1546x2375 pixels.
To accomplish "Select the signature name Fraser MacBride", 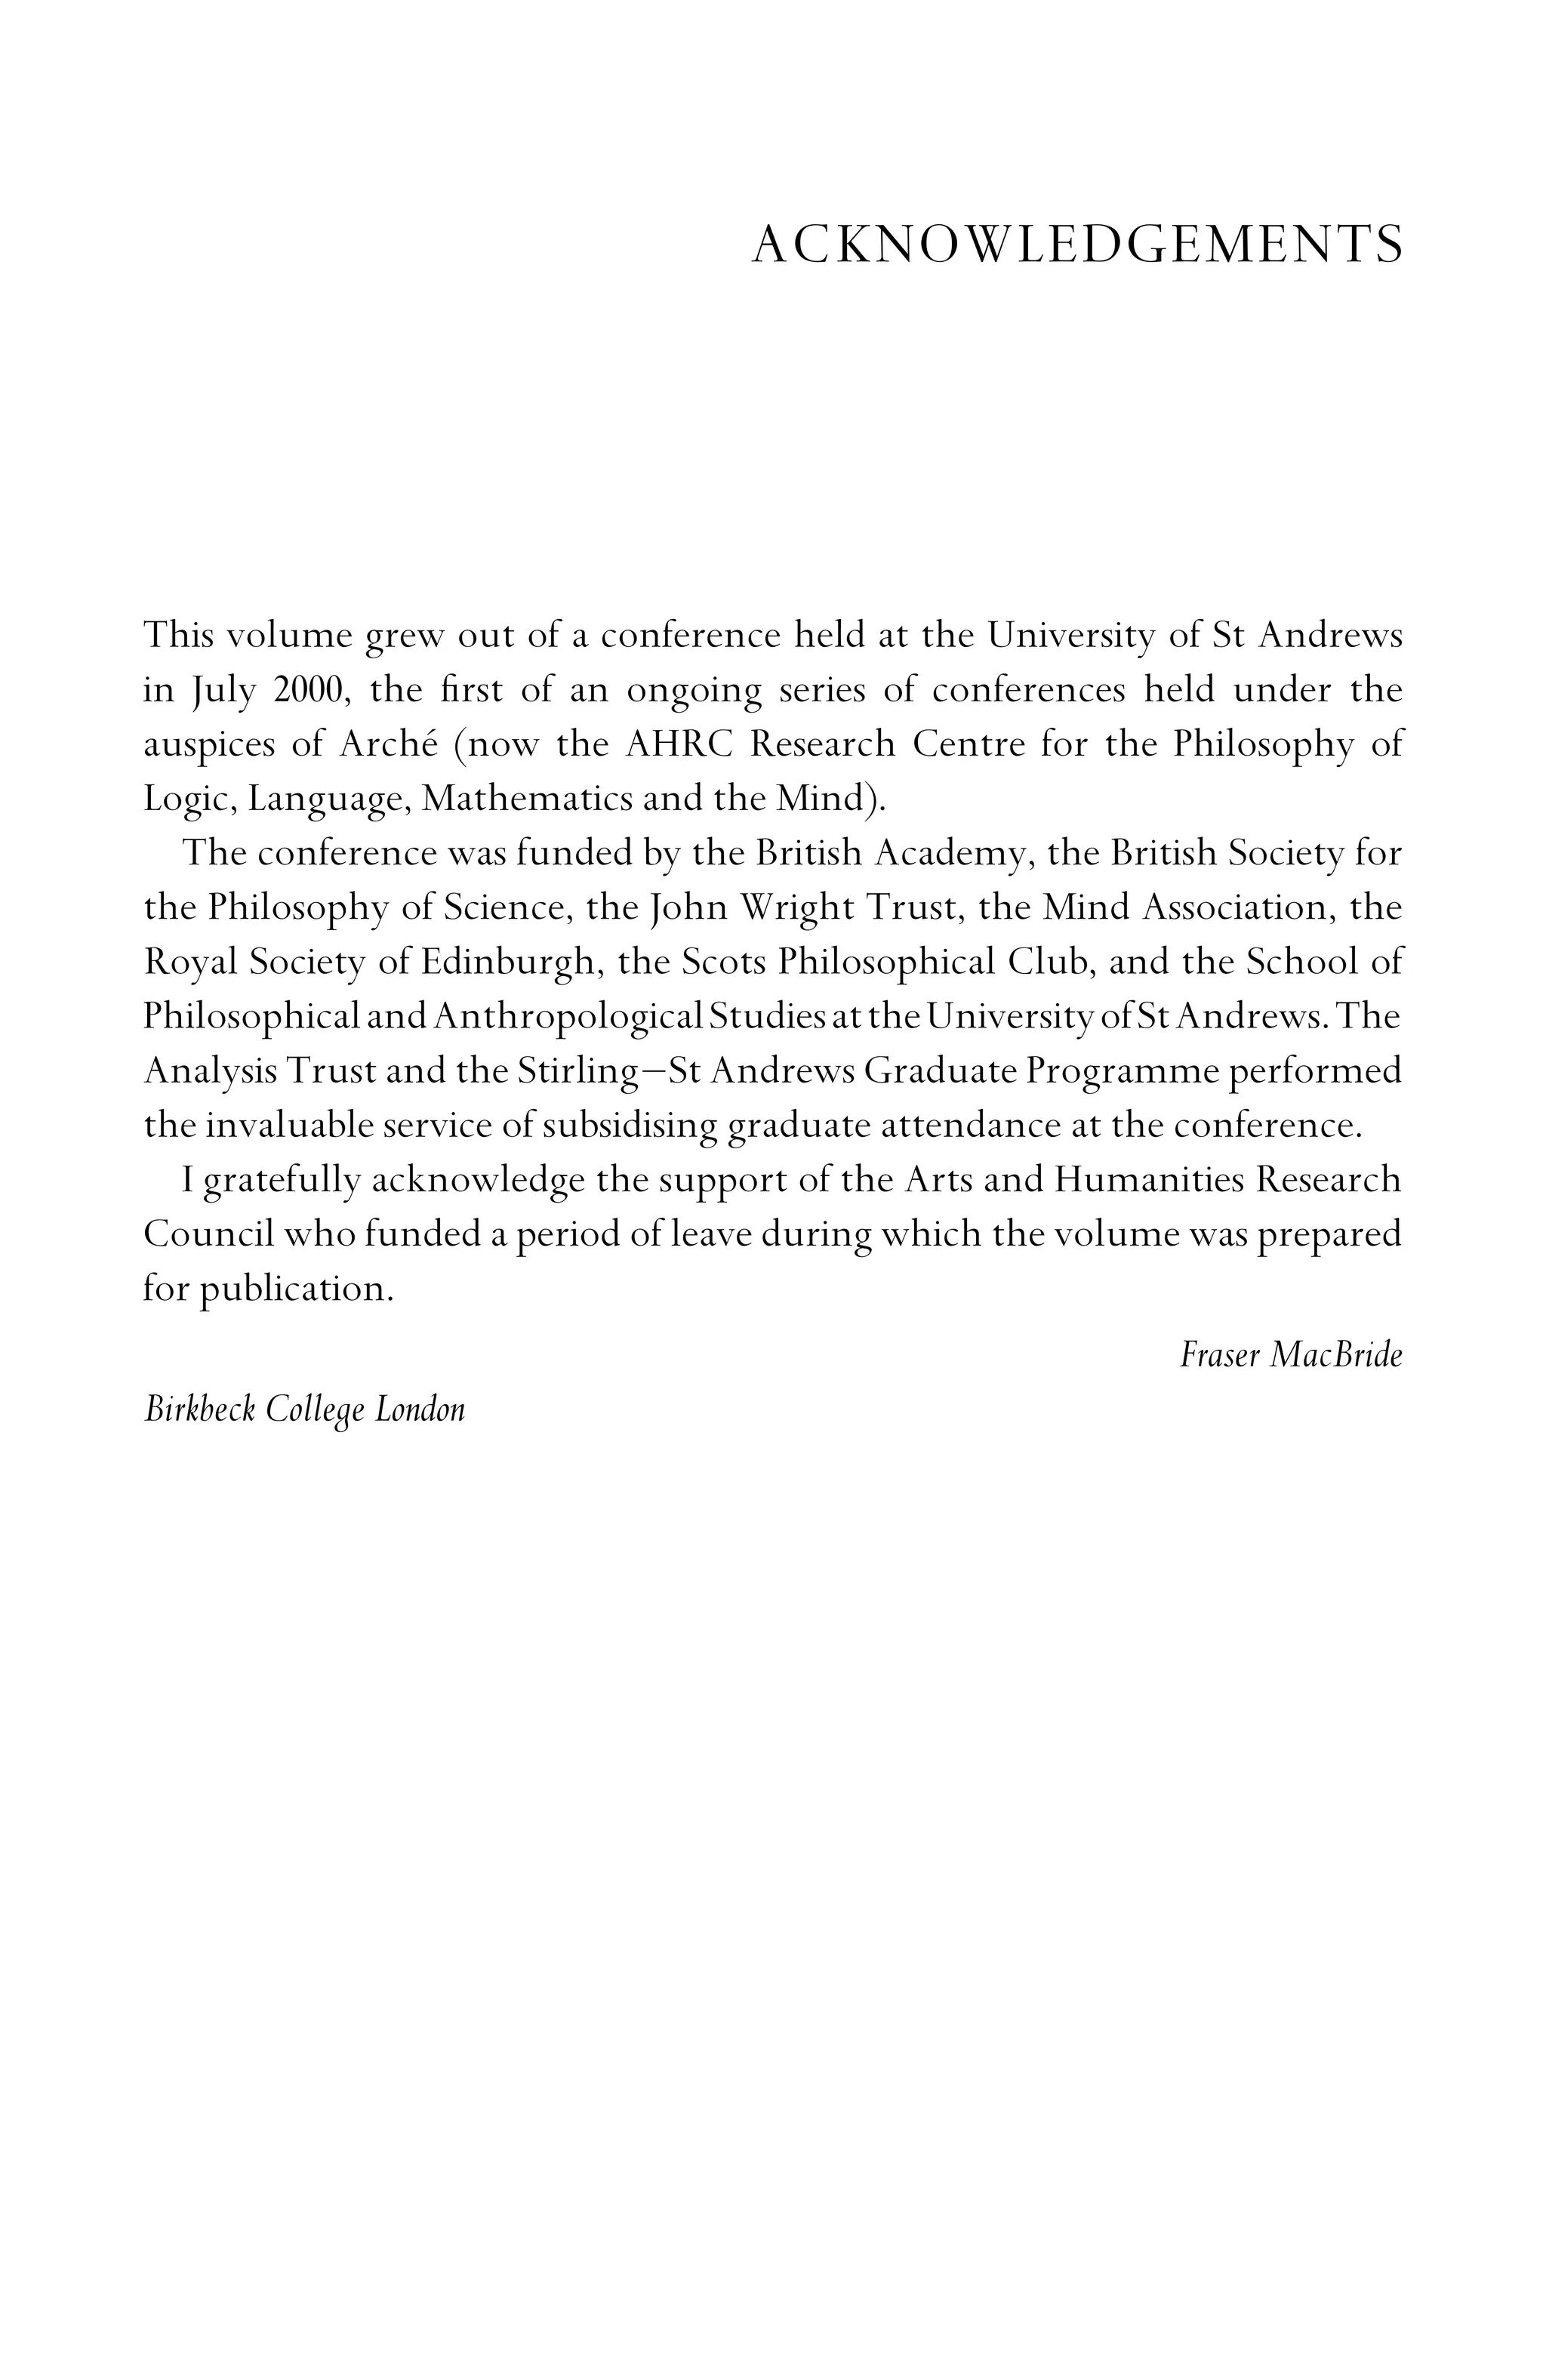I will [1289, 1355].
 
